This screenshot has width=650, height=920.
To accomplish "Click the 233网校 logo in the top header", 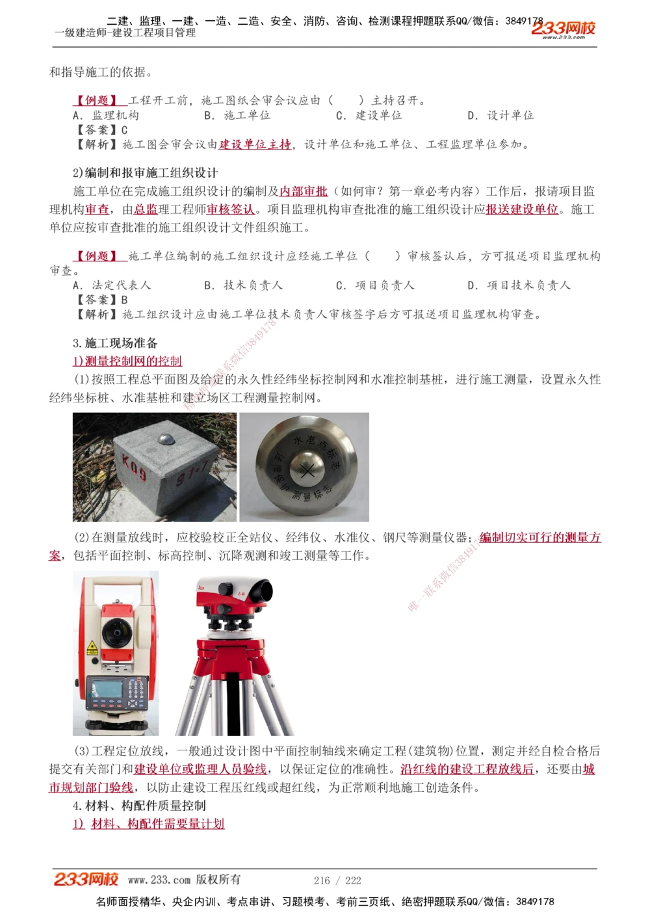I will point(563,29).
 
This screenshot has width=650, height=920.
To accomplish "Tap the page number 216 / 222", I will point(337,880).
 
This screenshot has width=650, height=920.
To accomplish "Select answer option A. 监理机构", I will point(106,116).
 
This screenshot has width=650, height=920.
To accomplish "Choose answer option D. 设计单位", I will point(500,116).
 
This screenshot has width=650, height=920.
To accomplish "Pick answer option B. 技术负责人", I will point(244,285).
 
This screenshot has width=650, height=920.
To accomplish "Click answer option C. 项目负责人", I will point(375,285).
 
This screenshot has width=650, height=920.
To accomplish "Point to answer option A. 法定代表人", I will point(112,285).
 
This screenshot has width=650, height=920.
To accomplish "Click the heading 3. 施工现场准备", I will point(115,343).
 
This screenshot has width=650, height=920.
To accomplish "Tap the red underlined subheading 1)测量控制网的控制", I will point(127,361).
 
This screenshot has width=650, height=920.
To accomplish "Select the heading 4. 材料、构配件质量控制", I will point(139,806).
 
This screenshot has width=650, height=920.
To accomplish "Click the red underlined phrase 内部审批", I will point(304,191).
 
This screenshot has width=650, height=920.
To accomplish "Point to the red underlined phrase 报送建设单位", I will point(522,209).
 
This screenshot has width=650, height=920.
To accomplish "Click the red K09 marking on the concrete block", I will point(135,467).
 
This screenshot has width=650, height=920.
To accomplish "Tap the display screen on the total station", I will point(107,689).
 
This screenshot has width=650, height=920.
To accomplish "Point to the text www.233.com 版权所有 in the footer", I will point(184,880).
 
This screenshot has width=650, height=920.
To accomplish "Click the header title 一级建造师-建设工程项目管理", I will point(125,33).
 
